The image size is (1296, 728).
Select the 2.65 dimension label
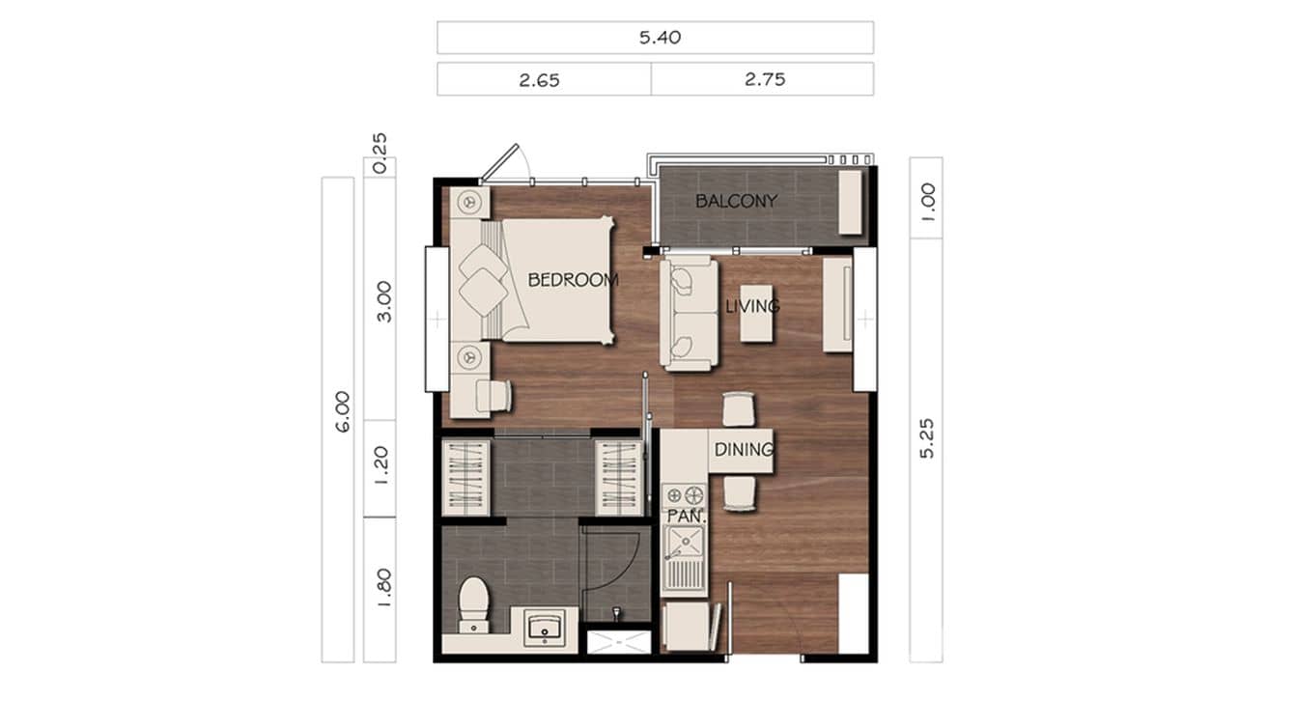point(539,80)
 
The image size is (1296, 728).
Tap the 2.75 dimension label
point(764,80)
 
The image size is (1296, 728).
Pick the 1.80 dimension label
point(383,588)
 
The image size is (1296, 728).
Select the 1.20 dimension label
point(383,468)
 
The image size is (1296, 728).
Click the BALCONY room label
point(736,202)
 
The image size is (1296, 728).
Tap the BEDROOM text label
point(573,280)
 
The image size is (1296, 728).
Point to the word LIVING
point(752,306)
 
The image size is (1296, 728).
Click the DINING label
point(744,449)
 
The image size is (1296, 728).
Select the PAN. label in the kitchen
point(687,517)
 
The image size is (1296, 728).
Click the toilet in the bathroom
point(474,604)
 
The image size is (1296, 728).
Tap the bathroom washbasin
point(548,628)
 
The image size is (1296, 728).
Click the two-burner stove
point(685,496)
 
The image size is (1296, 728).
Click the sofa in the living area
point(688,313)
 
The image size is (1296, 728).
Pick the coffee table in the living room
point(757,313)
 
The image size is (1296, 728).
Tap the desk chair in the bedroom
point(494,395)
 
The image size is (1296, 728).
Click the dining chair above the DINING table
point(739,409)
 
